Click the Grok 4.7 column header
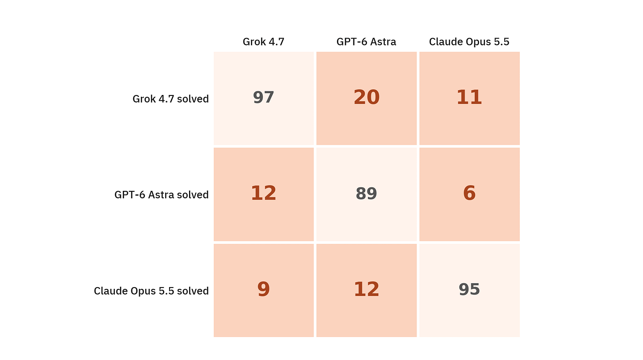(263, 42)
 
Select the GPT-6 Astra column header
(366, 42)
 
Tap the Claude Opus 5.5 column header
(469, 42)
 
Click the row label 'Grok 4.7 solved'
(170, 99)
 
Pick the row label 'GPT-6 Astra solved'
(161, 195)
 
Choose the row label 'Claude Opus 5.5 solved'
(151, 291)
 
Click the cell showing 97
(264, 98)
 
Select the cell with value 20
(366, 98)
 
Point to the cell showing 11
(469, 98)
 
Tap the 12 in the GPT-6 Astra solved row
(264, 194)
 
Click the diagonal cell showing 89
(366, 194)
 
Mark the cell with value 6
(469, 194)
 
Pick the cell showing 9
(264, 290)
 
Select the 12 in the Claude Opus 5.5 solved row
(366, 290)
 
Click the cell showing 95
(469, 290)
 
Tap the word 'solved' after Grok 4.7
(193, 99)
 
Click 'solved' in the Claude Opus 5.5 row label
(193, 291)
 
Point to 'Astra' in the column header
(383, 42)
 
